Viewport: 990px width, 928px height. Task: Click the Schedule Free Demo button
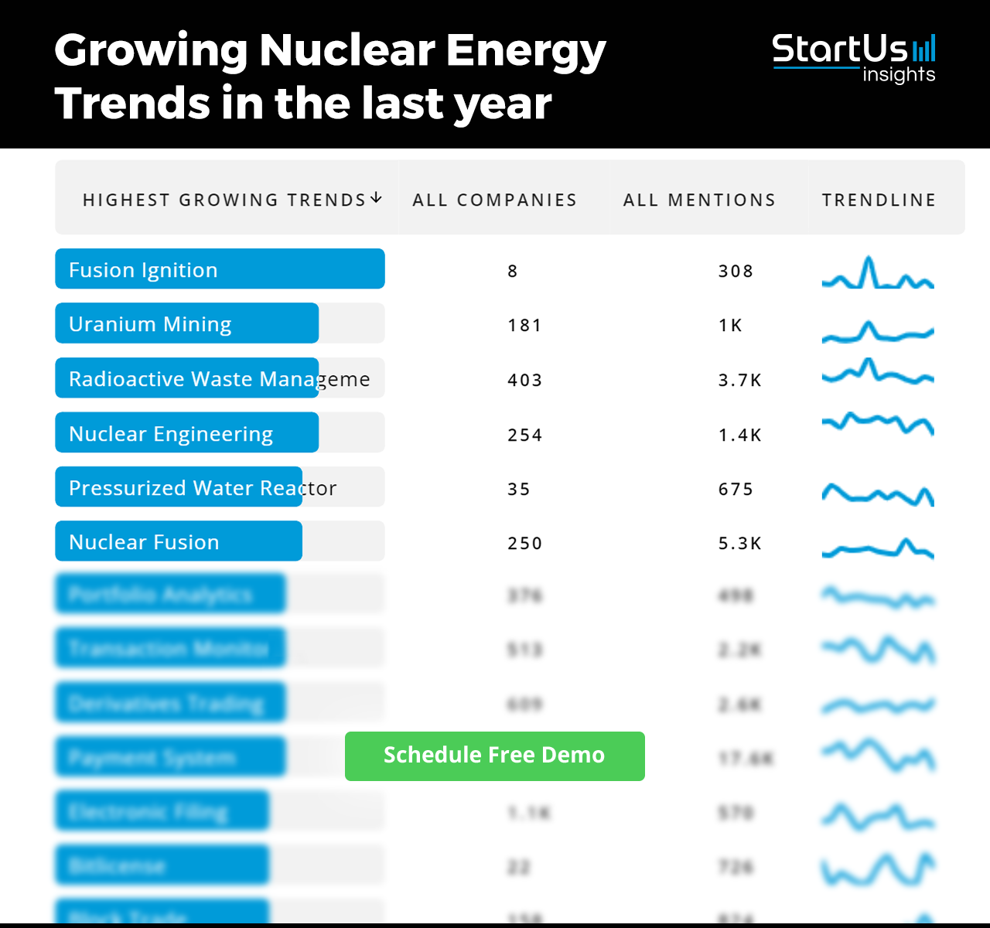click(x=494, y=756)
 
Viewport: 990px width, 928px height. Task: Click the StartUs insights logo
click(x=854, y=58)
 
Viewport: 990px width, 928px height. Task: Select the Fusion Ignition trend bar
click(x=220, y=269)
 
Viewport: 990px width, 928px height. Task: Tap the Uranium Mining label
click(x=150, y=324)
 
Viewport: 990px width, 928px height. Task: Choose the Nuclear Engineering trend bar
click(x=186, y=433)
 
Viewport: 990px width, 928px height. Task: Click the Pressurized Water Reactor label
click(x=203, y=488)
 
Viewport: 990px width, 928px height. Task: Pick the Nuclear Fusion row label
click(x=144, y=542)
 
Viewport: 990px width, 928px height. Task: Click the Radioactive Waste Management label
click(x=219, y=379)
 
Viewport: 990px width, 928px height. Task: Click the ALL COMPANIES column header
click(x=494, y=200)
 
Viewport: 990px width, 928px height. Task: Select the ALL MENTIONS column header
click(x=699, y=200)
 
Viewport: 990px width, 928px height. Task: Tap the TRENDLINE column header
click(x=879, y=200)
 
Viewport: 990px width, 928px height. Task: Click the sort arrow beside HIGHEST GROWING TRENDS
click(x=377, y=199)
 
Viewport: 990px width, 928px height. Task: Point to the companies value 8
click(x=513, y=271)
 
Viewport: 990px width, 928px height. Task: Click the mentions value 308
click(x=736, y=271)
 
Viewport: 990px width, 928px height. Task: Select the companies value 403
click(x=524, y=380)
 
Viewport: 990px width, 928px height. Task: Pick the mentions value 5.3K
click(x=739, y=544)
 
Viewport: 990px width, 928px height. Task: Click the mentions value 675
click(x=736, y=490)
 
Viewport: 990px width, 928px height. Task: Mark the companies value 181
click(x=524, y=326)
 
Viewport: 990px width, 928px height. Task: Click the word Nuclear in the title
click(x=346, y=51)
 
